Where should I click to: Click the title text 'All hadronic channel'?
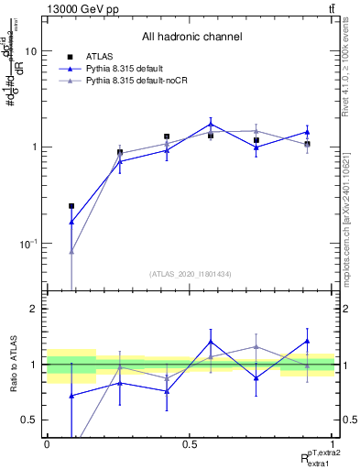(191, 38)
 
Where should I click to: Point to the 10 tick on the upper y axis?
(30, 51)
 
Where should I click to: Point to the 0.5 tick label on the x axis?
(191, 443)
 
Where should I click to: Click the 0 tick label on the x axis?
(47, 443)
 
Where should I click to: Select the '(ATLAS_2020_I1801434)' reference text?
(191, 274)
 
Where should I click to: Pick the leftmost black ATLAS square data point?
(71, 206)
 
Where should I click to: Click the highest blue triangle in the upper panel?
(211, 124)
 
